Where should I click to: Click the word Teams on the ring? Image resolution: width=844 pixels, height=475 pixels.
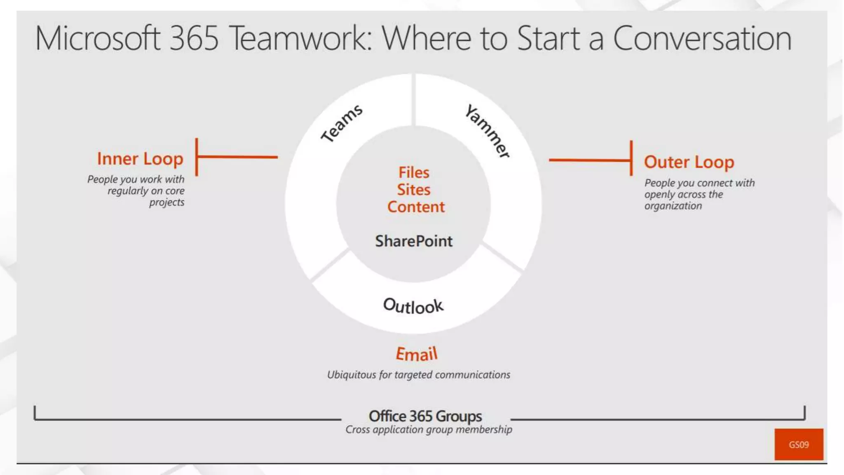[x=342, y=123]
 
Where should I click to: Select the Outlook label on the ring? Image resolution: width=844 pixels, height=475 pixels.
[x=413, y=306]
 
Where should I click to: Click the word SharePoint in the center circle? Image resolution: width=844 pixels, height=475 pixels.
[x=414, y=241]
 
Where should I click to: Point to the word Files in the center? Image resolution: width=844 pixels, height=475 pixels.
[x=414, y=172]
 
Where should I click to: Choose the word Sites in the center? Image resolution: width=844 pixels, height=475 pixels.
[x=414, y=190]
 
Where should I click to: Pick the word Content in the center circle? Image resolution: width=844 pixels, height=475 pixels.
[x=416, y=207]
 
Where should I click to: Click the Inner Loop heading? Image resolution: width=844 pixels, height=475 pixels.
[x=140, y=159]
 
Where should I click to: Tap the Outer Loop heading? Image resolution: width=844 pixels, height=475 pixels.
[x=689, y=162]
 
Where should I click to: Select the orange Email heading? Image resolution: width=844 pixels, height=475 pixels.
[x=416, y=354]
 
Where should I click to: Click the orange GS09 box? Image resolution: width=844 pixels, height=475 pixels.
[x=799, y=444]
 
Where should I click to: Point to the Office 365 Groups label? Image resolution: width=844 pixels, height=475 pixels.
[x=425, y=416]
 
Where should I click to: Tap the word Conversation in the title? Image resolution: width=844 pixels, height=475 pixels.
[x=702, y=38]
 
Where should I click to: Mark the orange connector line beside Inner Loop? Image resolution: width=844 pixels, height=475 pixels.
[x=237, y=157]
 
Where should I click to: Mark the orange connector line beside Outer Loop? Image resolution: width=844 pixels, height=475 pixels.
[x=589, y=160]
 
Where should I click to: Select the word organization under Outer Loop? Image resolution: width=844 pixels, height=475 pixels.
[x=673, y=206]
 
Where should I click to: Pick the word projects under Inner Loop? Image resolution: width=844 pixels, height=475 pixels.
[x=167, y=202]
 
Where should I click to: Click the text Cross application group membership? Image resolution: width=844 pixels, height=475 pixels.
[x=429, y=430]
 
